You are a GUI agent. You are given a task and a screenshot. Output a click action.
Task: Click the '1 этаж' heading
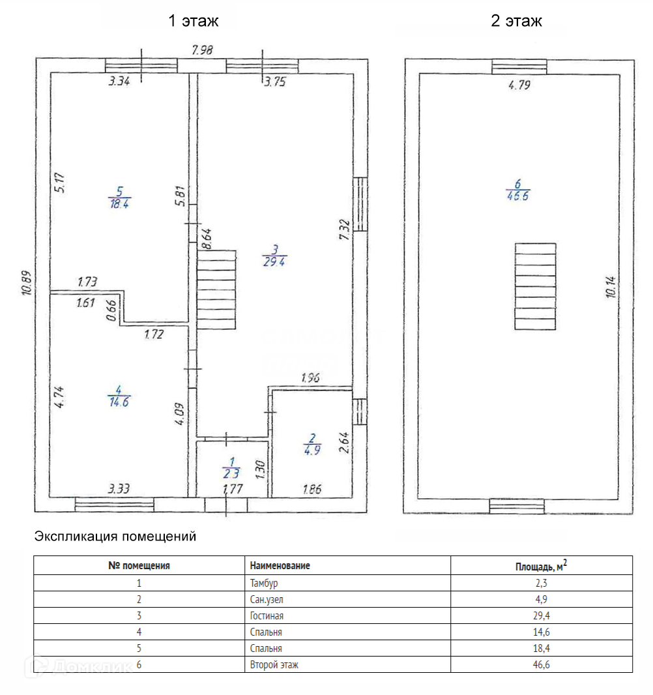pos(193,21)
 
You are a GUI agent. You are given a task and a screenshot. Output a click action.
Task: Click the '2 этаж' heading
pos(516,21)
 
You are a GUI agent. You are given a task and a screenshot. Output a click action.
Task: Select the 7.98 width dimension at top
pos(203,50)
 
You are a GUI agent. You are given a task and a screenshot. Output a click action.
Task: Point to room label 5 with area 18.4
pos(119,197)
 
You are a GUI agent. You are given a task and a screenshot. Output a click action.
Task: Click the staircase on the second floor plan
pos(535,286)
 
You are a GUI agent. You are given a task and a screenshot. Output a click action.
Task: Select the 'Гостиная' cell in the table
pos(267,615)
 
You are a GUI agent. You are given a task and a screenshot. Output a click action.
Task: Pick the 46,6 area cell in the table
pos(541,664)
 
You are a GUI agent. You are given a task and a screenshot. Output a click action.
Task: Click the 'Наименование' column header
pos(280,566)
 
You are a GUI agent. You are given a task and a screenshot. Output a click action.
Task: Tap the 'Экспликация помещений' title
pos(115,537)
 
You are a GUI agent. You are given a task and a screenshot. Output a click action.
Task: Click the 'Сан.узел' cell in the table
pos(267,599)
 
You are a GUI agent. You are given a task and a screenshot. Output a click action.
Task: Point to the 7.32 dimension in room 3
pos(345,229)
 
